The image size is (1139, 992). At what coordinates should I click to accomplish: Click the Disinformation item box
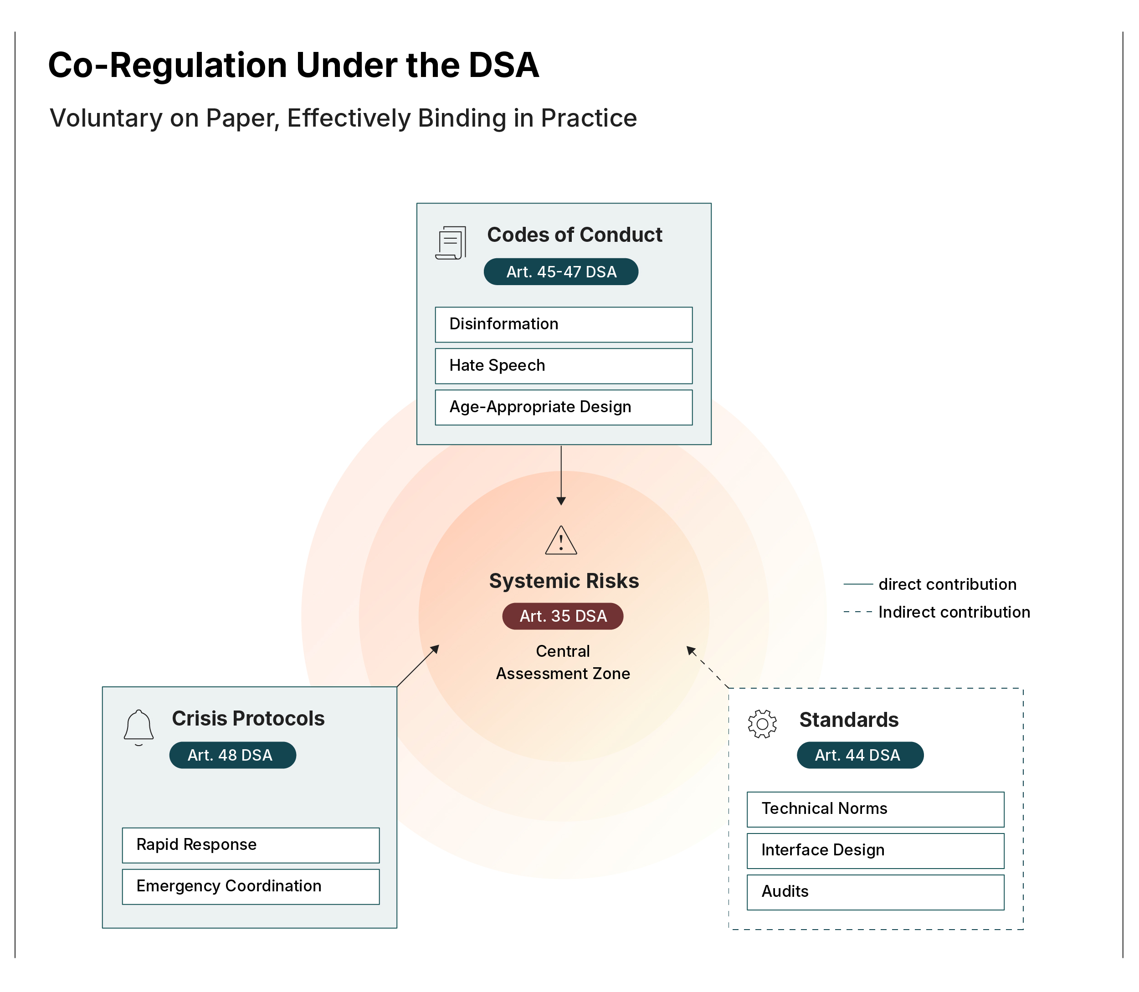pyautogui.click(x=563, y=324)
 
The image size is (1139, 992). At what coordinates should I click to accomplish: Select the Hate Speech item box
pyautogui.click(x=563, y=366)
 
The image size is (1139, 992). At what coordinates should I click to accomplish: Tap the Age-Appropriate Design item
pyautogui.click(x=563, y=408)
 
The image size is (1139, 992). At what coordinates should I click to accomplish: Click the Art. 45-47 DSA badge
pyautogui.click(x=560, y=272)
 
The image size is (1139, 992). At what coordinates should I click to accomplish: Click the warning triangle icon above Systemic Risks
pyautogui.click(x=560, y=541)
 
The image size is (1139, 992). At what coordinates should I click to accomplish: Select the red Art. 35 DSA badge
pyautogui.click(x=562, y=616)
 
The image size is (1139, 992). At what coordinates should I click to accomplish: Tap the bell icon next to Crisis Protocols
pyautogui.click(x=139, y=727)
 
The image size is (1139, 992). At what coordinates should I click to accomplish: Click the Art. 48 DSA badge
pyautogui.click(x=232, y=755)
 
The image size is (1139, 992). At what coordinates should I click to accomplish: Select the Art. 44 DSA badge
pyautogui.click(x=859, y=755)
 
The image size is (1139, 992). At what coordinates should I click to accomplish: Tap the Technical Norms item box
pyautogui.click(x=875, y=809)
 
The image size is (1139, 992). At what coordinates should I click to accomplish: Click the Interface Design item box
pyautogui.click(x=875, y=851)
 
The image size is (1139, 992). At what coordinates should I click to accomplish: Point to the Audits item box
pyautogui.click(x=875, y=892)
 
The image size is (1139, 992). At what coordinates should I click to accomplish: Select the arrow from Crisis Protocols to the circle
pyautogui.click(x=418, y=666)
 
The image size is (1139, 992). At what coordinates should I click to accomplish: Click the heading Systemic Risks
pyautogui.click(x=563, y=581)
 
